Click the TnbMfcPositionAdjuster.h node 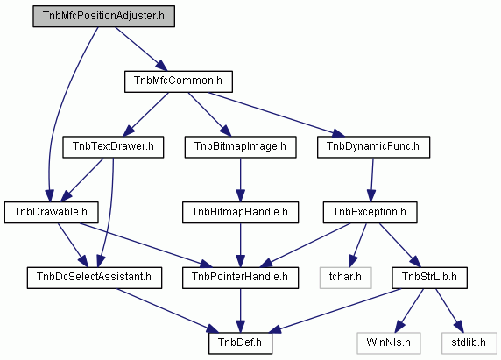[x=104, y=16]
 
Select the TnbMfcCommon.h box [x=179, y=81]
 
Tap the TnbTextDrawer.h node [x=113, y=147]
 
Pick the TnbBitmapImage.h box [x=240, y=147]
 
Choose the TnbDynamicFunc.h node [x=373, y=147]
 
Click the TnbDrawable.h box [x=51, y=213]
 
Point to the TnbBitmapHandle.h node [x=240, y=213]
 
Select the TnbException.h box [x=370, y=213]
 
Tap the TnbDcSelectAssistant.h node [x=95, y=278]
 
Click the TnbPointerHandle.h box [x=240, y=278]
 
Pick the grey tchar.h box [x=345, y=278]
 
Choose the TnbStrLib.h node [x=429, y=278]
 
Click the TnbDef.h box [x=240, y=343]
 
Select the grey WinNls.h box [x=389, y=343]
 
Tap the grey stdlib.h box [x=469, y=343]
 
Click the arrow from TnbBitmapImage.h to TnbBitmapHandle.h [x=240, y=180]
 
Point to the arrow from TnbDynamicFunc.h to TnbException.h [x=371, y=180]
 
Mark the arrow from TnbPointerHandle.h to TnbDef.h [x=240, y=311]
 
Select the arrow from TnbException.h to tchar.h [x=358, y=245]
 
